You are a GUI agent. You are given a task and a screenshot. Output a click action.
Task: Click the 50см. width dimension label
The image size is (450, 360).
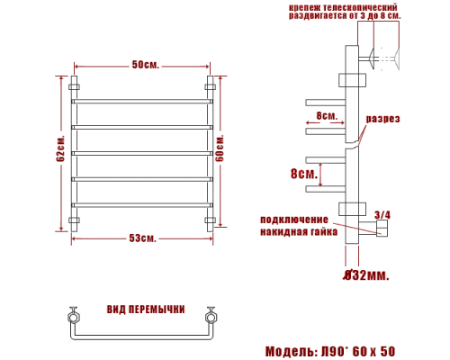point(143,66)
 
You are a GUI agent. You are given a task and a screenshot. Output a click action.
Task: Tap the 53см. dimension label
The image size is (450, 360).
point(143,238)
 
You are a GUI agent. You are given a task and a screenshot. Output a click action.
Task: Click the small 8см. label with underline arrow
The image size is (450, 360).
point(327,117)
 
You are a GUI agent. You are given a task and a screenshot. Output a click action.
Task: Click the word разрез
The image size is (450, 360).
point(382,120)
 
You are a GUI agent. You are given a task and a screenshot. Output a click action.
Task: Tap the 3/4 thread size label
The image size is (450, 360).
point(382,214)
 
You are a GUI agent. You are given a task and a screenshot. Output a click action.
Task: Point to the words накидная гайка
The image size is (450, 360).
point(299,232)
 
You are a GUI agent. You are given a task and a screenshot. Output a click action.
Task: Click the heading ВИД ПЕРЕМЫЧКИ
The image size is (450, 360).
point(147,310)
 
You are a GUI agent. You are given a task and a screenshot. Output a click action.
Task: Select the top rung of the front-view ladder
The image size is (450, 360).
point(143,101)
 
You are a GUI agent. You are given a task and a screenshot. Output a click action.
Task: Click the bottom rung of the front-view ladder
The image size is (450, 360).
point(143,206)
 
